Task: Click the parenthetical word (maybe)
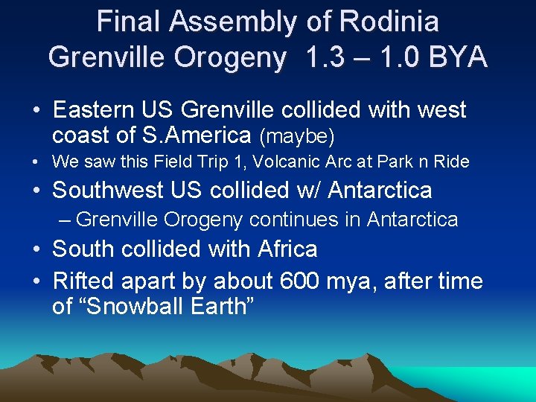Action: [x=297, y=137]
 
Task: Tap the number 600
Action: [x=301, y=281]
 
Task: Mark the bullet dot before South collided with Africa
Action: [x=36, y=249]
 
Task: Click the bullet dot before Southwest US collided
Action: [x=36, y=191]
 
